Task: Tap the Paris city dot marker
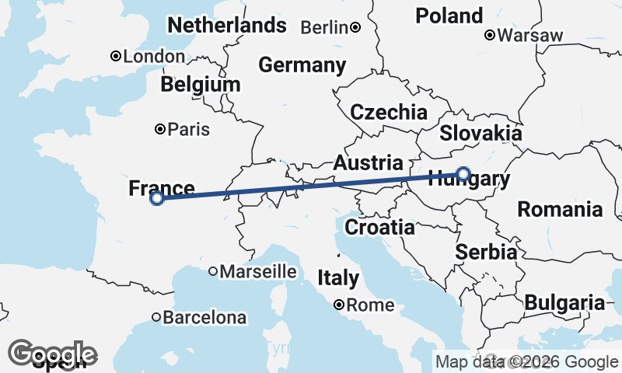tap(160, 129)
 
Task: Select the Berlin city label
tap(323, 28)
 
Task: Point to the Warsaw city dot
tap(490, 35)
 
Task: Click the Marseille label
tap(258, 272)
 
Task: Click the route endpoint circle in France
tap(157, 198)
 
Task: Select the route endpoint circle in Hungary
tap(463, 173)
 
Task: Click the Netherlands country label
tap(227, 26)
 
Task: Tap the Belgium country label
tap(201, 84)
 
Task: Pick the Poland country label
tap(449, 16)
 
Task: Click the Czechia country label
tap(389, 112)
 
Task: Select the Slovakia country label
tap(480, 134)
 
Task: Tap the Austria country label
tap(369, 163)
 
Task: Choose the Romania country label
tap(560, 209)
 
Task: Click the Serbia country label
tap(487, 252)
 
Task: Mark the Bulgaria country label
tap(564, 303)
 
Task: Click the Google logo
tap(52, 354)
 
